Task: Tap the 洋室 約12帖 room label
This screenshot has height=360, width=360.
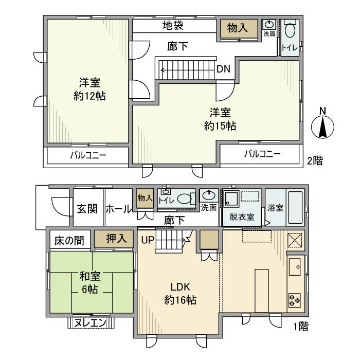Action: [86, 89]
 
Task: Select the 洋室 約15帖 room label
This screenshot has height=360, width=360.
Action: [216, 118]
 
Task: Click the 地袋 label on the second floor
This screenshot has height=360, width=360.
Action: [173, 25]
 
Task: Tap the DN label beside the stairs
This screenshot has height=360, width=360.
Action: [223, 68]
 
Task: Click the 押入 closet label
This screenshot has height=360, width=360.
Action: [114, 239]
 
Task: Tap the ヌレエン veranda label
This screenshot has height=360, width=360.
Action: [93, 323]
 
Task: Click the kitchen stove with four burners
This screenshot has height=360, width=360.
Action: [295, 299]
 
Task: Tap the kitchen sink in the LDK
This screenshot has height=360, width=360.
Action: [296, 267]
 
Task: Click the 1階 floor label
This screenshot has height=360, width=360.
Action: [300, 326]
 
